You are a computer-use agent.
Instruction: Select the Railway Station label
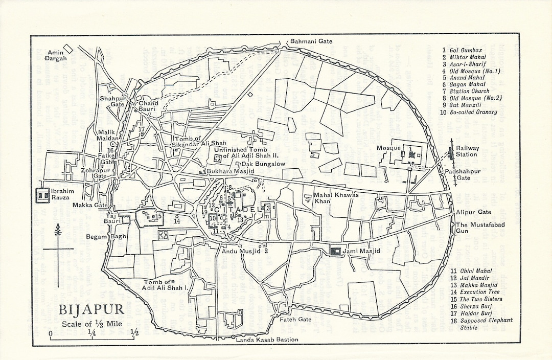(x=468, y=151)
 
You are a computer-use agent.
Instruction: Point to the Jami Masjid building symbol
(x=336, y=251)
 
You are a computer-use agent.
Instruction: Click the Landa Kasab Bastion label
(x=267, y=340)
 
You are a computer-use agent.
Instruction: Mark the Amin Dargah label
(x=55, y=55)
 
